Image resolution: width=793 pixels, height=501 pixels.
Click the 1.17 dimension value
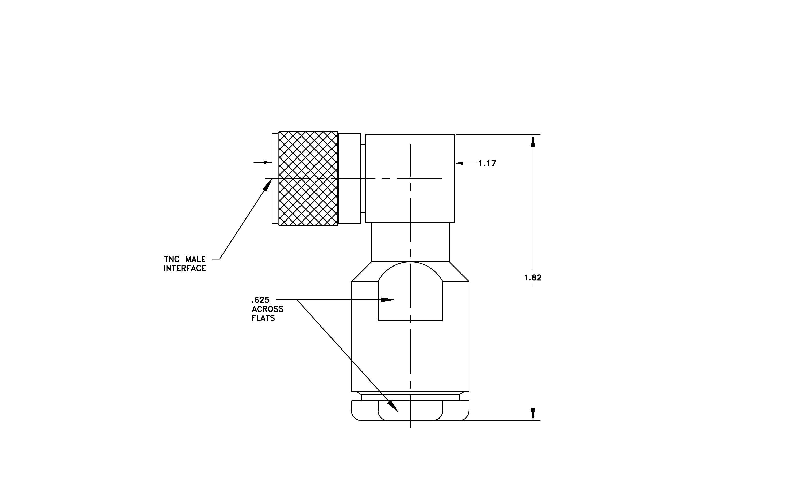coord(487,163)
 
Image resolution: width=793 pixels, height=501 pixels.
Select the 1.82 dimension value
coord(533,278)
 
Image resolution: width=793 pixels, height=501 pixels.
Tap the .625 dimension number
coord(260,300)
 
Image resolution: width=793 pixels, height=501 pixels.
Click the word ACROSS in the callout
coord(267,309)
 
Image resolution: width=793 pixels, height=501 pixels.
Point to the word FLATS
coord(263,318)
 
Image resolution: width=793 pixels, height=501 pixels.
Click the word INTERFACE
coord(185,268)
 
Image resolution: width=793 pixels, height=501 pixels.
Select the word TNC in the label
coord(172,259)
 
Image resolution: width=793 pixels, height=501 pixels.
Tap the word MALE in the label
coord(195,259)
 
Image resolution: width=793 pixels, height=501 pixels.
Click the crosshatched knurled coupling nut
coord(308,179)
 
